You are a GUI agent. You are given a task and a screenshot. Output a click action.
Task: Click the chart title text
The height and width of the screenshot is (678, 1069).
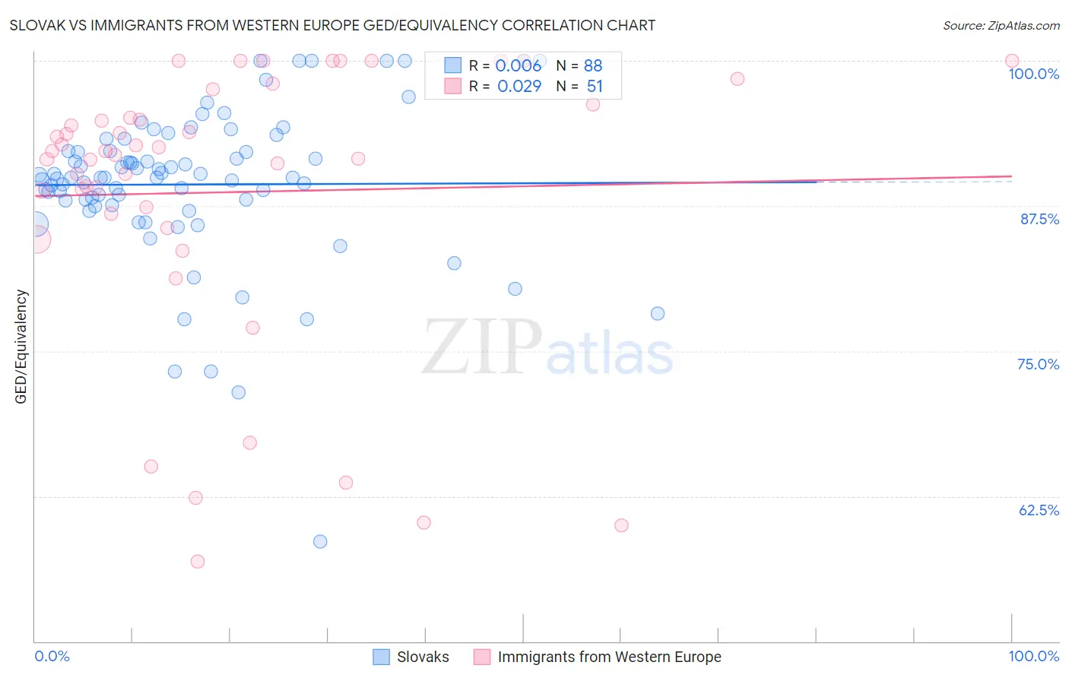(x=332, y=25)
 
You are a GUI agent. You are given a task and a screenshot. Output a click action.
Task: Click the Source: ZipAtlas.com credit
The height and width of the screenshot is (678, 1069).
(x=1001, y=25)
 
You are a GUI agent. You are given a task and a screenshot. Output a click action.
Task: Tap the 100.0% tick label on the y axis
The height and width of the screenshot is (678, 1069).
(x=1033, y=74)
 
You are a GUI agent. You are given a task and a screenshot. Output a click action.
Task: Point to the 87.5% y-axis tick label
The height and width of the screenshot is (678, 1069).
(x=1039, y=219)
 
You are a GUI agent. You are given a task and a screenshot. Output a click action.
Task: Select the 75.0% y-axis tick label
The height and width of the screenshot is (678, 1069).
(x=1038, y=364)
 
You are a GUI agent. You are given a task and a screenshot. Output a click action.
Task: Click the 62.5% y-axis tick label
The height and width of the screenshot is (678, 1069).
(x=1039, y=510)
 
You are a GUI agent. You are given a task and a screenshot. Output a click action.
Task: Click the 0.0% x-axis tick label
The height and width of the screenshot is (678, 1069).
(x=52, y=656)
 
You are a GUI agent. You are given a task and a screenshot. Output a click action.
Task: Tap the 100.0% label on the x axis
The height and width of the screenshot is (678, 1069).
(x=1033, y=656)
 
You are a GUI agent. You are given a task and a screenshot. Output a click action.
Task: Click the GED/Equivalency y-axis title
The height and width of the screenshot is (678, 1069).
(x=21, y=347)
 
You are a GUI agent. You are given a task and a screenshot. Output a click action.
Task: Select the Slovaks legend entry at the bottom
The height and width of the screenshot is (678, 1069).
(x=422, y=657)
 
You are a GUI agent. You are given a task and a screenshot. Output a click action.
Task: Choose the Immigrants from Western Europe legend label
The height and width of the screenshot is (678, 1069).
(x=609, y=657)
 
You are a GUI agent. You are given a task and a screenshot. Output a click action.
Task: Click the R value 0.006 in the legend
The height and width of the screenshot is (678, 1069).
(x=519, y=65)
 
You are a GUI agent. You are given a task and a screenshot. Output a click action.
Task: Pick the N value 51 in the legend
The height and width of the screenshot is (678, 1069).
(x=595, y=87)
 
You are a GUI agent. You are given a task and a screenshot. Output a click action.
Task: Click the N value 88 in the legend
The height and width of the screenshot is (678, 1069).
(x=593, y=65)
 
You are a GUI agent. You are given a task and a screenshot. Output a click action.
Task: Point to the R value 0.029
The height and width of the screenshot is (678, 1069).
(x=519, y=87)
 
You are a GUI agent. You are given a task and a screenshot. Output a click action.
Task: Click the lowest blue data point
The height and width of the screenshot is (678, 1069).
(x=320, y=541)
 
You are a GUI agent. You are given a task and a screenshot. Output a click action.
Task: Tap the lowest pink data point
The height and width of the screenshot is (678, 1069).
(x=198, y=561)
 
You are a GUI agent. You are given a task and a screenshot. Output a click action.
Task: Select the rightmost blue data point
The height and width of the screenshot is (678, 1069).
(x=658, y=313)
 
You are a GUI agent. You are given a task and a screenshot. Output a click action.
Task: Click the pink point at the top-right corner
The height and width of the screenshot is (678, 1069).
(x=1011, y=61)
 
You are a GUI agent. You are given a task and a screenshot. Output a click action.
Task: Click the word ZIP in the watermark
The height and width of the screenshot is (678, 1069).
(x=482, y=347)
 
